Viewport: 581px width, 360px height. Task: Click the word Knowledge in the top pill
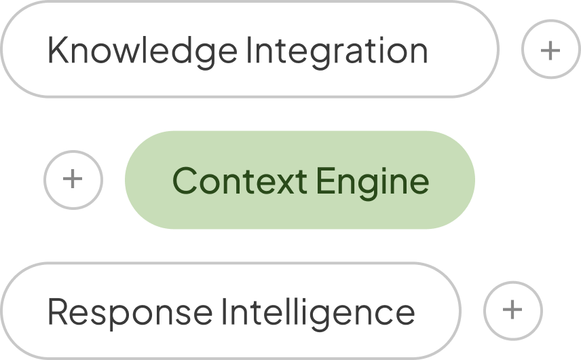click(143, 52)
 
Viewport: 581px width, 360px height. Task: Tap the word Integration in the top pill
click(337, 52)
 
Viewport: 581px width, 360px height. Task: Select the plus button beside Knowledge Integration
click(550, 50)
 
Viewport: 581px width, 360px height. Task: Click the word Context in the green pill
click(240, 180)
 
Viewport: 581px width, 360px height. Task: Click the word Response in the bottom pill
click(130, 312)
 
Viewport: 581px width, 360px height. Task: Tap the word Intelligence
click(318, 312)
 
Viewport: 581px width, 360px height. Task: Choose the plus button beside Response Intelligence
click(513, 310)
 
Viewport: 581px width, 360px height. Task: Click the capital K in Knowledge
click(58, 50)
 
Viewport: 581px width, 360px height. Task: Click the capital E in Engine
click(325, 180)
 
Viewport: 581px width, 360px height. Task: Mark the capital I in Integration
click(248, 50)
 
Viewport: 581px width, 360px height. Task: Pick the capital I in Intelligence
click(224, 311)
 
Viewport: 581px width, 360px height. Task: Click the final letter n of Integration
click(419, 54)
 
